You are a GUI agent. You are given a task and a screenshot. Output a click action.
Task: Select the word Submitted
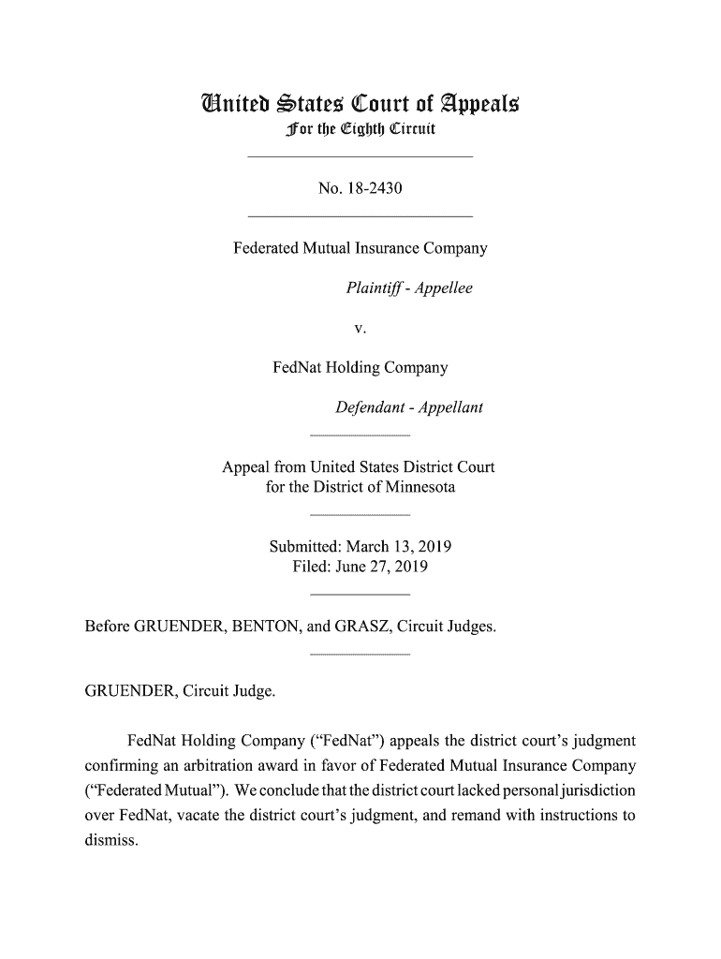304,548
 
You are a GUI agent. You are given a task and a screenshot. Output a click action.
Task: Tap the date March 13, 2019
400,548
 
